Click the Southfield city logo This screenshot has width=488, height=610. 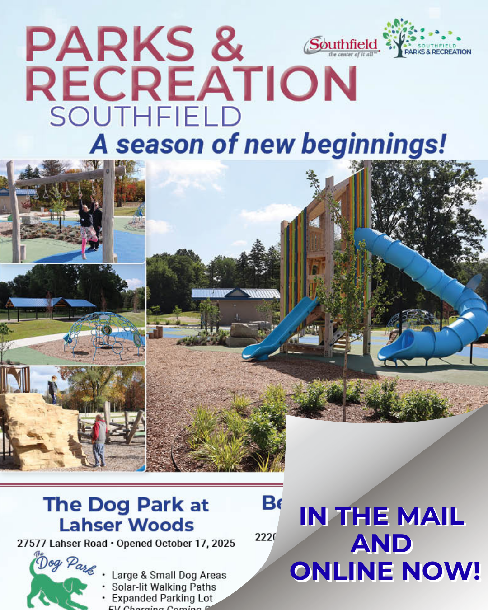tap(342, 46)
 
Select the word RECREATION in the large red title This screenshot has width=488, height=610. tap(191, 84)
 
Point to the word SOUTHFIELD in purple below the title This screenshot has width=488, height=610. tap(145, 117)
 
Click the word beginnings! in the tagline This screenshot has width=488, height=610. tap(374, 145)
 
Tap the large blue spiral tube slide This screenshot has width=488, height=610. tap(434, 298)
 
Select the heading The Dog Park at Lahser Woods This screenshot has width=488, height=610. tap(126, 515)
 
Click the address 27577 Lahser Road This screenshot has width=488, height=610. tap(62, 544)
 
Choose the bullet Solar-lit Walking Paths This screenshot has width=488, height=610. tap(164, 587)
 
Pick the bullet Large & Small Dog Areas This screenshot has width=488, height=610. tap(169, 575)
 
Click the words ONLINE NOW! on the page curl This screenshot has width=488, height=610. tap(385, 571)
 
